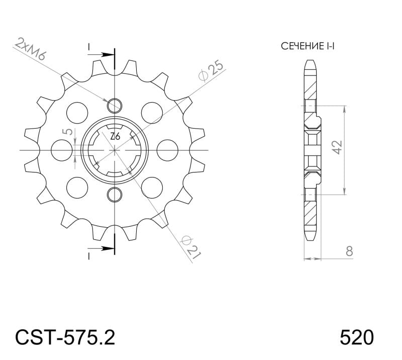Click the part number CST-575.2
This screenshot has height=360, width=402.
(65, 337)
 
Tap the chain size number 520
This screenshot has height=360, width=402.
(357, 337)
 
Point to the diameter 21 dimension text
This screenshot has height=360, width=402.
(191, 246)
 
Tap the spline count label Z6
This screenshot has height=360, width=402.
(115, 136)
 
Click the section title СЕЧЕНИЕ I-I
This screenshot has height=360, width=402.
(308, 47)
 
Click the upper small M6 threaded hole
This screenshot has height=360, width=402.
(115, 105)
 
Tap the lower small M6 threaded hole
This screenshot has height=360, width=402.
(115, 194)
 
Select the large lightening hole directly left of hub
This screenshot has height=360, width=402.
(62, 149)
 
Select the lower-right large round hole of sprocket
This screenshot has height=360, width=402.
(152, 187)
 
